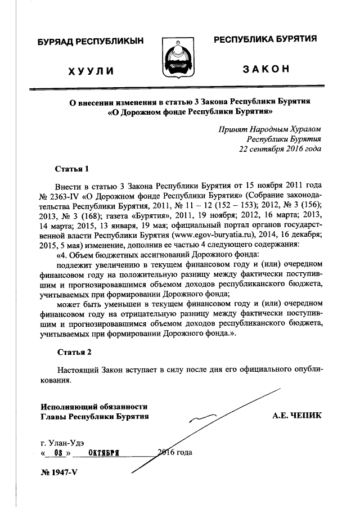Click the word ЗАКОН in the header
pos(266,70)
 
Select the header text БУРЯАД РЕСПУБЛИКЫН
pos(91,41)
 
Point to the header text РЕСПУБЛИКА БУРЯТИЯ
pos(264,39)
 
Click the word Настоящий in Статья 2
pos(78,371)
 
